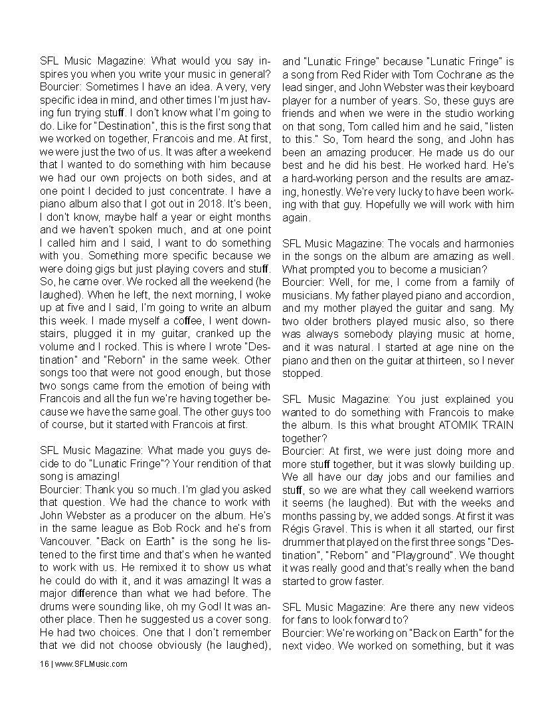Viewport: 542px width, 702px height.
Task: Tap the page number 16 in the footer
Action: (x=43, y=663)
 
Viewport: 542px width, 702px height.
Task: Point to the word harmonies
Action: (x=487, y=243)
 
